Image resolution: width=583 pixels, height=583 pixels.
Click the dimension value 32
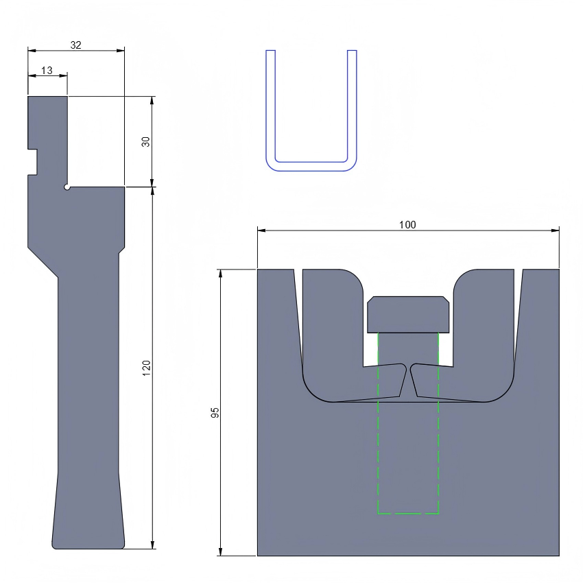(76, 45)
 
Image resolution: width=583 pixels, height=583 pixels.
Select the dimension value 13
(47, 70)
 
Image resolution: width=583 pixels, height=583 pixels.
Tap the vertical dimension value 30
(145, 141)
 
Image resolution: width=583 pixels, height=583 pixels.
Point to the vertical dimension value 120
(145, 367)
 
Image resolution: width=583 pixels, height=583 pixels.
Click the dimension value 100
(407, 224)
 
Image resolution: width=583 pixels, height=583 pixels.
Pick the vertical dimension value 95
(215, 412)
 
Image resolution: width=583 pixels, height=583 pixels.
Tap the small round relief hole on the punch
(67, 187)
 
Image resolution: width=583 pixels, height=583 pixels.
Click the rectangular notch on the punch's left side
(32, 161)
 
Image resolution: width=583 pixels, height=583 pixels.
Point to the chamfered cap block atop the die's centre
(408, 314)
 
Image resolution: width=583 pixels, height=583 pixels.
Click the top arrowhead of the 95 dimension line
(221, 273)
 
